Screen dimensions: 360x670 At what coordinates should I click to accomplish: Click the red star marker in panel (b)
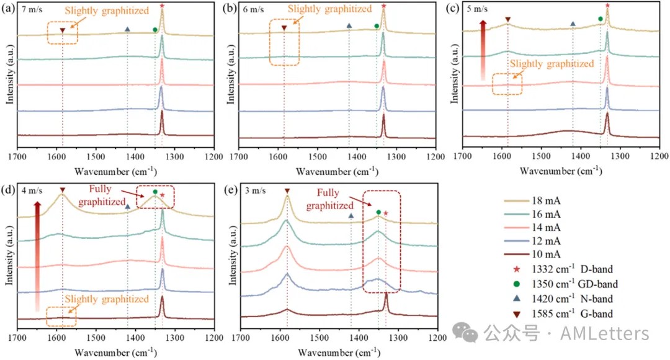(383, 6)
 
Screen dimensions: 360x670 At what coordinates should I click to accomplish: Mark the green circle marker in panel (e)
(378, 212)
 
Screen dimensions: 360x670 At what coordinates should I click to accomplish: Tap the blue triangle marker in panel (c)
(573, 24)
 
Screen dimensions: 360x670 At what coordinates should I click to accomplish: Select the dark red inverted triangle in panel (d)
(62, 189)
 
